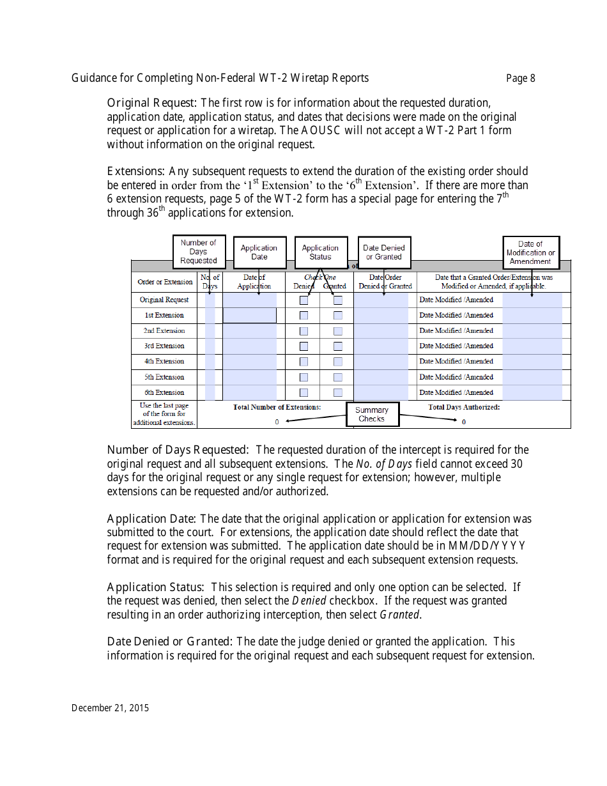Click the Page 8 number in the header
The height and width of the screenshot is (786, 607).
click(x=520, y=79)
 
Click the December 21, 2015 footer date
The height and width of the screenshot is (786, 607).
click(x=110, y=707)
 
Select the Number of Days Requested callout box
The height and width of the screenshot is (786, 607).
click(x=199, y=252)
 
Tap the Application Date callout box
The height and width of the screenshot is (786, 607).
click(x=259, y=252)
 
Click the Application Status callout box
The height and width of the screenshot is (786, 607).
click(x=320, y=252)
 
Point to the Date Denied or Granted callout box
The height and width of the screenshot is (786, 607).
click(x=383, y=252)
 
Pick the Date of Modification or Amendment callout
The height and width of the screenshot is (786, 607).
click(x=530, y=252)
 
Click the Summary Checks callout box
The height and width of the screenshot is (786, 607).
click(x=372, y=414)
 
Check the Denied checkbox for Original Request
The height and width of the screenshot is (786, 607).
click(x=304, y=300)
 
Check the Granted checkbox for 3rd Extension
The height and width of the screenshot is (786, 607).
click(x=338, y=346)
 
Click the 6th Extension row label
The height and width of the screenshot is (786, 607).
click(x=164, y=392)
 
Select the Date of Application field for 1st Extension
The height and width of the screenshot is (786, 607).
click(x=249, y=316)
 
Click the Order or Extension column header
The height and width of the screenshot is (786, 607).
click(x=165, y=282)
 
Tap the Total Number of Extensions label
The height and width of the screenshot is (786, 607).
click(x=277, y=407)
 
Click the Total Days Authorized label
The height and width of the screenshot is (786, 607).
click(x=464, y=407)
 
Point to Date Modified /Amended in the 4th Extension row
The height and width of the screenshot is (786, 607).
click(x=456, y=362)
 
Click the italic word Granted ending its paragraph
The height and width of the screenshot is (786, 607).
click(x=399, y=615)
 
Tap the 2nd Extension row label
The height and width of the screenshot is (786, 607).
click(x=164, y=331)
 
